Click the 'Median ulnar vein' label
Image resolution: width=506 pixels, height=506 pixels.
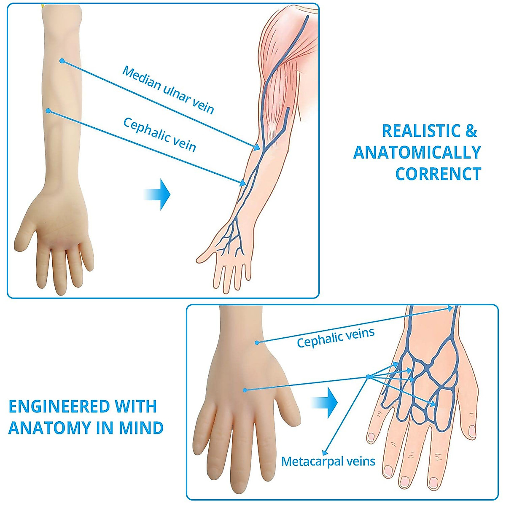click(x=168, y=90)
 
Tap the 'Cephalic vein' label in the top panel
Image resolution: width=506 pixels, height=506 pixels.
click(x=159, y=134)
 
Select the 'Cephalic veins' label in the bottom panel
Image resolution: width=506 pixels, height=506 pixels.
click(x=336, y=338)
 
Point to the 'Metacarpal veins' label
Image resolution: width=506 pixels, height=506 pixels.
click(x=328, y=461)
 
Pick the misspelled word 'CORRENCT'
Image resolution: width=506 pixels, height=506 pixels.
click(x=438, y=174)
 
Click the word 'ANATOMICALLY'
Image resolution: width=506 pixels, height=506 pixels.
click(x=417, y=153)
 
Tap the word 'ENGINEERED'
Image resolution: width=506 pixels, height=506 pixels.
click(x=59, y=406)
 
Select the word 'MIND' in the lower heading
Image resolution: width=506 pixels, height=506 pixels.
click(x=141, y=428)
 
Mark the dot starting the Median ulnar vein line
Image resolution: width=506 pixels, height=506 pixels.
click(x=62, y=61)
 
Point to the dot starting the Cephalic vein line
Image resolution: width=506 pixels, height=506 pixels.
click(x=48, y=111)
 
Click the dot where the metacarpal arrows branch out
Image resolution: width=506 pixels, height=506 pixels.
click(x=368, y=377)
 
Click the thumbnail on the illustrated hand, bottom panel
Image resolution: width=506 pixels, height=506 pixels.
click(x=472, y=431)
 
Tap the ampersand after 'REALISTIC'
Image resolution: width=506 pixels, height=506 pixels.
click(x=471, y=131)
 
